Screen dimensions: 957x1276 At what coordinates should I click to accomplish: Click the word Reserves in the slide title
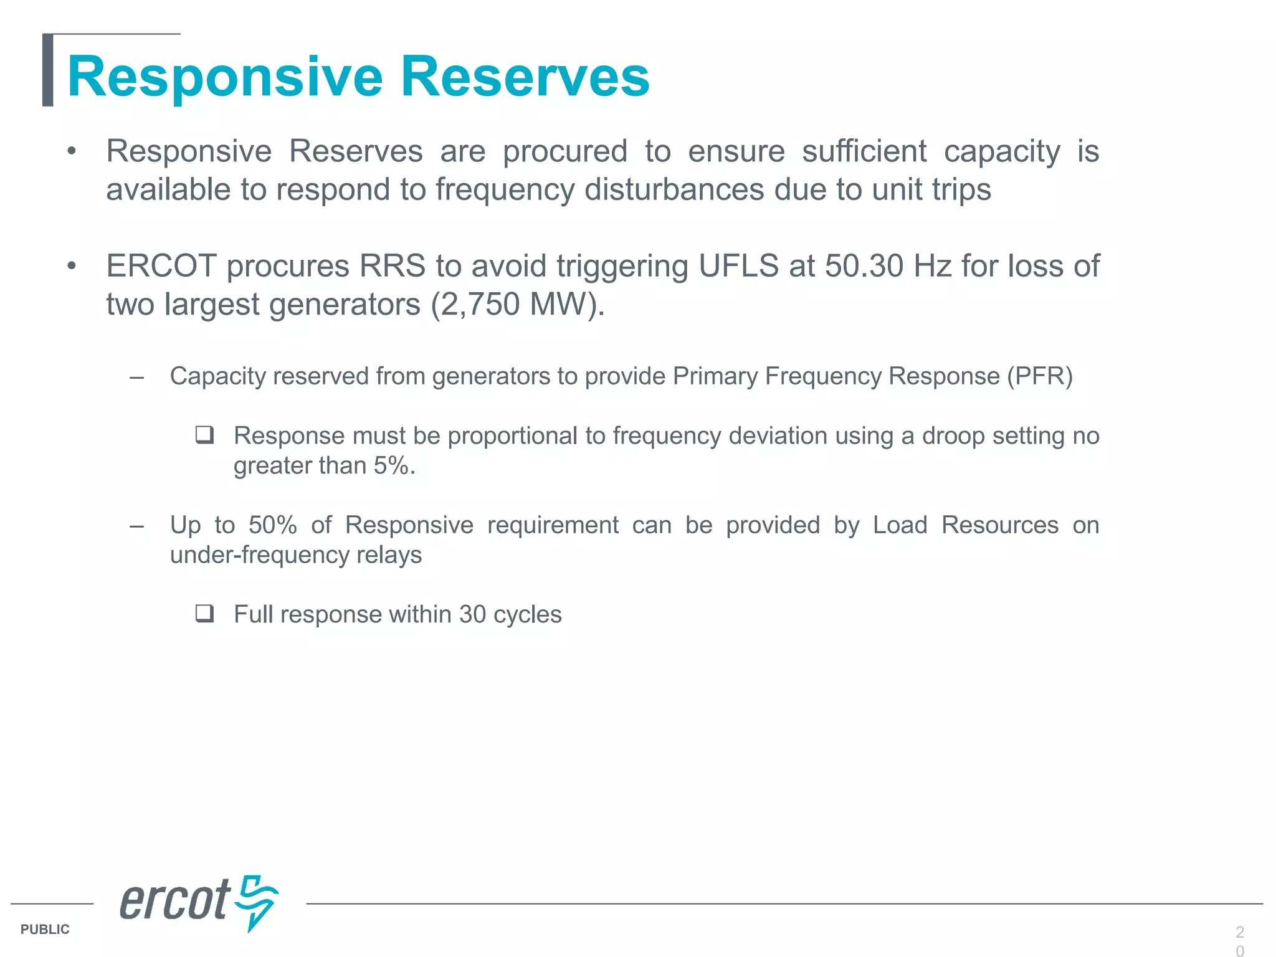coord(525,77)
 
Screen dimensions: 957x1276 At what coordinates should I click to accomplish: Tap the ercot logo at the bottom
coord(198,902)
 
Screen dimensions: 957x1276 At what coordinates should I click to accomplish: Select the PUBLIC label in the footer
coord(45,929)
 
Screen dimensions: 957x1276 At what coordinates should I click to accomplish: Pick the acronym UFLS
coord(738,266)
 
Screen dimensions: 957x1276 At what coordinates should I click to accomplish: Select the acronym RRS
coord(392,266)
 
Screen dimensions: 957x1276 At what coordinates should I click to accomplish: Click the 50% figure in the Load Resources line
coord(272,525)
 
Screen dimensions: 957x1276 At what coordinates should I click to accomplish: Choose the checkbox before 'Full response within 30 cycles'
coord(204,614)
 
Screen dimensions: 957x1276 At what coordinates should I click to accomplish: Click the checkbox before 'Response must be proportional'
coord(204,435)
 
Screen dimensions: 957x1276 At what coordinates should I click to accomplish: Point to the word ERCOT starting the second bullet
coord(161,266)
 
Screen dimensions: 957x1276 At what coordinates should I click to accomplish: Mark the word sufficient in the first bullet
coord(864,151)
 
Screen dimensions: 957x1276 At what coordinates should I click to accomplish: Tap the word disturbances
coord(674,189)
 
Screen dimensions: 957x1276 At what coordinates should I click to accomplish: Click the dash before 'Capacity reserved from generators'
coord(137,377)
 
